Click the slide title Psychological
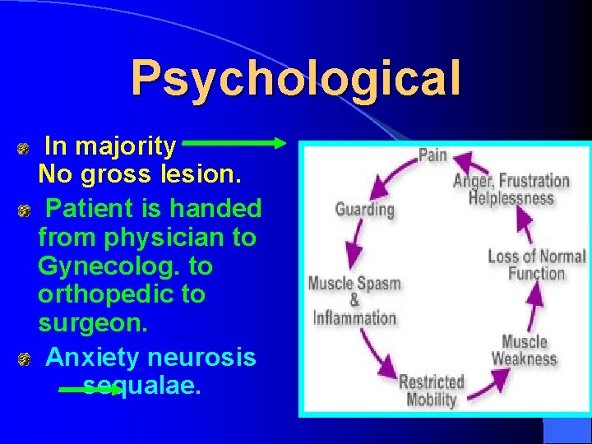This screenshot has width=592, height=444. click(296, 79)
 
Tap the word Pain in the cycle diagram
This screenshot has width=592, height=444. click(432, 155)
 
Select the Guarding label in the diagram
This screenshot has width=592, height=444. click(364, 209)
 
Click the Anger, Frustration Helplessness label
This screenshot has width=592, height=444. click(511, 189)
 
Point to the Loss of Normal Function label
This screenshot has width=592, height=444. click(536, 264)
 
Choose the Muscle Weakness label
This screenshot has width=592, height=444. click(524, 349)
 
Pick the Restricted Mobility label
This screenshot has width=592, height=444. click(431, 391)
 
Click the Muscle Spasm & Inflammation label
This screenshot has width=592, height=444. click(354, 300)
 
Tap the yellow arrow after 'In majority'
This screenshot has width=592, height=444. click(235, 143)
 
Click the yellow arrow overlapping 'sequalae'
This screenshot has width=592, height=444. click(90, 391)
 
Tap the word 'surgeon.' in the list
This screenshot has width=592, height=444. click(93, 322)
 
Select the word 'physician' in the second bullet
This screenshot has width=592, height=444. click(160, 238)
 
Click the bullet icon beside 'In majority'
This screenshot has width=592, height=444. click(25, 149)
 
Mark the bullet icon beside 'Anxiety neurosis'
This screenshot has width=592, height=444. click(25, 359)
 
